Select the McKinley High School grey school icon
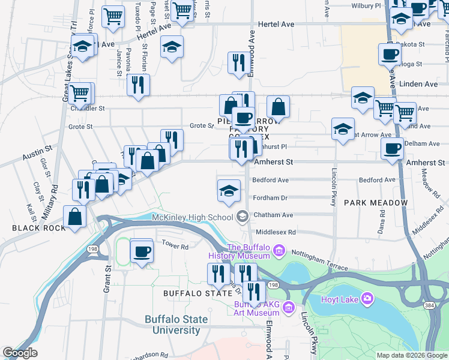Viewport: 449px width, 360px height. [243, 216]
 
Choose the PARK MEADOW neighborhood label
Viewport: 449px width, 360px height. [376, 203]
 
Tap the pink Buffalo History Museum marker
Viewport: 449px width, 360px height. [279, 249]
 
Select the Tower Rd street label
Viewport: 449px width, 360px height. [175, 246]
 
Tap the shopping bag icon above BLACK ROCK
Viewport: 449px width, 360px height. [74, 217]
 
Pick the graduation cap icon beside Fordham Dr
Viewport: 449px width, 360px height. [228, 191]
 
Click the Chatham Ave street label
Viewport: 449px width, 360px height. [273, 215]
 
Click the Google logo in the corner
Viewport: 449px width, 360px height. [20, 353]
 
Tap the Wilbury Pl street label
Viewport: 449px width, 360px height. [366, 6]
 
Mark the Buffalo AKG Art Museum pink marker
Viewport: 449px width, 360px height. [289, 308]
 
